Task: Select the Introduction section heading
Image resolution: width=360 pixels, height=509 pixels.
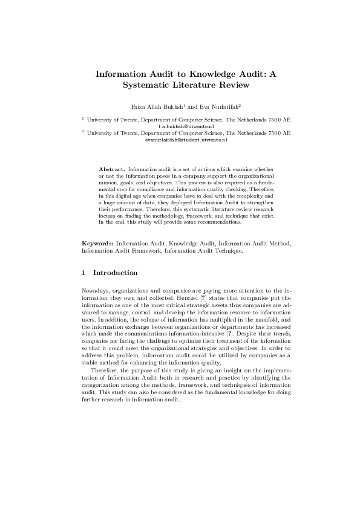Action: point(115,273)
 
